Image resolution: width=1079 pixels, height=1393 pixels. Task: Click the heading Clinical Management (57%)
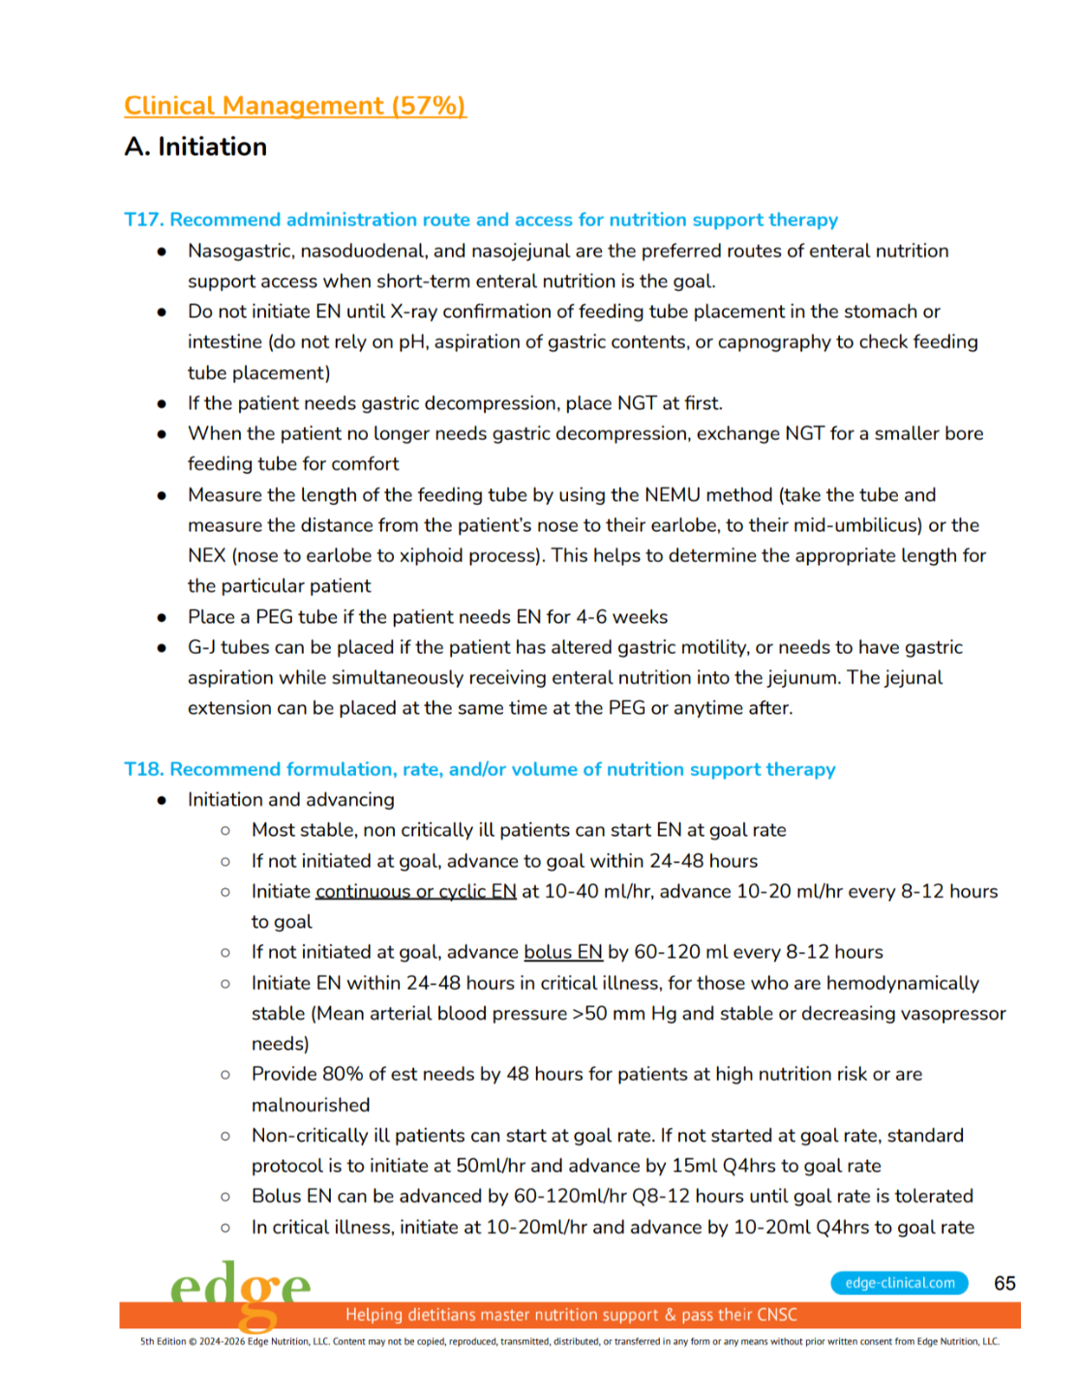point(295,105)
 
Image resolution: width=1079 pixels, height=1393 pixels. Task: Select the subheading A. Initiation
point(195,147)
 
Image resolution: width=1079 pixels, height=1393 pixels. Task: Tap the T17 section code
point(143,220)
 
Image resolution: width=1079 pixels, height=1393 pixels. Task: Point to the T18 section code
point(143,769)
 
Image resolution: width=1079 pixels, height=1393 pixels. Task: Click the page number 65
point(1004,1284)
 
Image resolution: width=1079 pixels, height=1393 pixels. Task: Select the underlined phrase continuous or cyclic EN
point(416,892)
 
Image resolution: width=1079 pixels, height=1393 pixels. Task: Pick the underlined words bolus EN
point(563,953)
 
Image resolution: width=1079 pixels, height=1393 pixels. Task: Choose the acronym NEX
point(206,556)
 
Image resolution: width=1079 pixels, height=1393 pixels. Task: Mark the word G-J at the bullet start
point(201,647)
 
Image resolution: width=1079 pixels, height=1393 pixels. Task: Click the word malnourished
point(311,1106)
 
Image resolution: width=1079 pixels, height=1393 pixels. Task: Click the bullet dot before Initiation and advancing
point(162,800)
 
